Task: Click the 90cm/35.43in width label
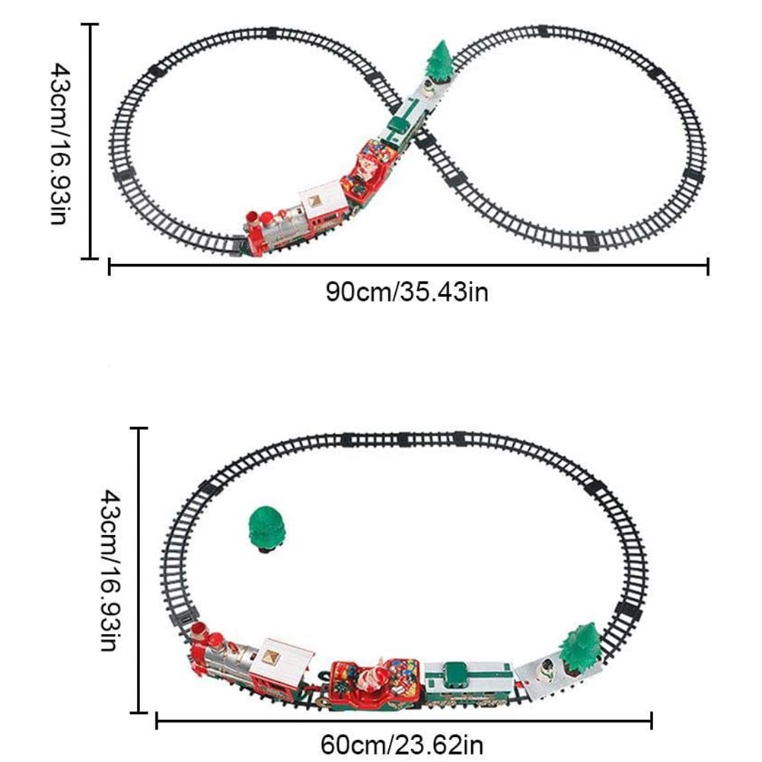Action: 407,292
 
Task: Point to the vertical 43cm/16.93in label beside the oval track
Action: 111,570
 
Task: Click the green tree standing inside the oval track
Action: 266,530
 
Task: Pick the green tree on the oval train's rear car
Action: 581,649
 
